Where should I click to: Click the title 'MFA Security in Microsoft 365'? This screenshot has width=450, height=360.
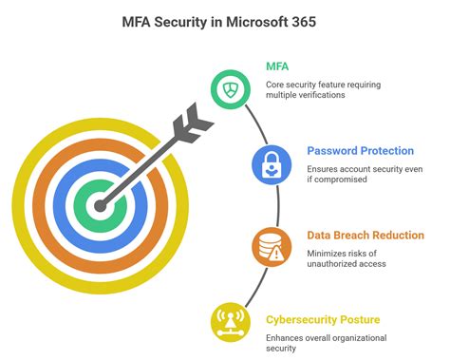pyautogui.click(x=225, y=20)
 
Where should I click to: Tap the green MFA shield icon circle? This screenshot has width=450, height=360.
pyautogui.click(x=231, y=90)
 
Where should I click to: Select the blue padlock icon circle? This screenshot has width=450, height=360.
pyautogui.click(x=270, y=163)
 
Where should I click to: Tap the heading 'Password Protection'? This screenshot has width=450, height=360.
pyautogui.click(x=360, y=150)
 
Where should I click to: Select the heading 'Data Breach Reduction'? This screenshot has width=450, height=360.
pyautogui.click(x=365, y=235)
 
